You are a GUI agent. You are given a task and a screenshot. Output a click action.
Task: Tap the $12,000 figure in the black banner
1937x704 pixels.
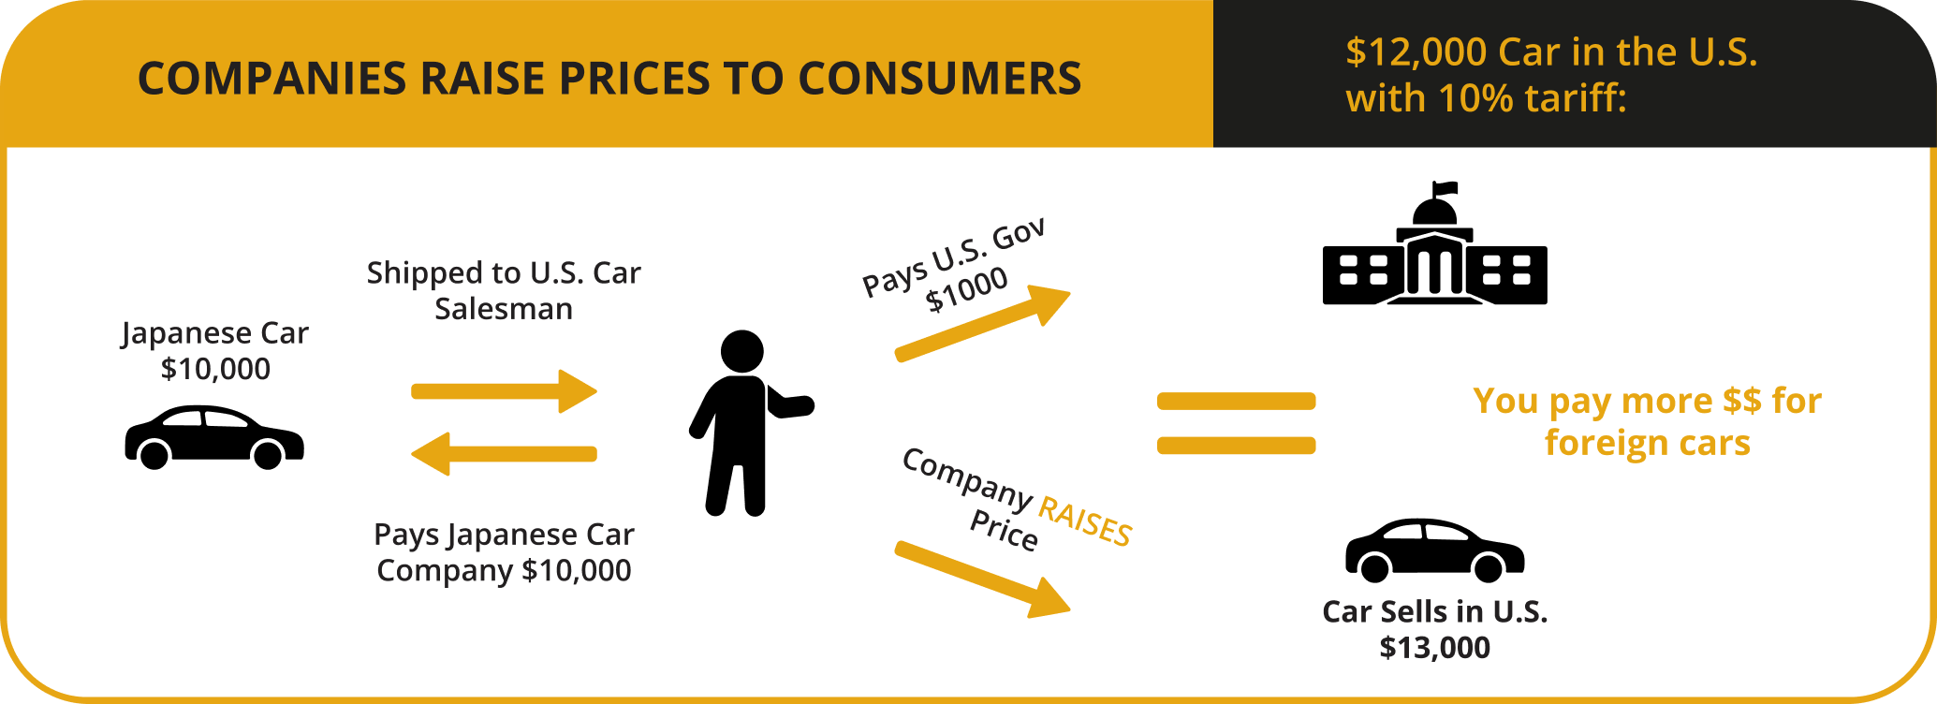point(1416,52)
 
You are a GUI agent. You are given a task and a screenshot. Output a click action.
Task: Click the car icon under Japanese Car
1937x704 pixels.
point(214,437)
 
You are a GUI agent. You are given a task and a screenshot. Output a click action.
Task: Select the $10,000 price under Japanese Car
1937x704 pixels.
point(215,369)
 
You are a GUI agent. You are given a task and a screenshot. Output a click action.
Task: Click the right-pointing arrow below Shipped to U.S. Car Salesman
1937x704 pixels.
point(505,391)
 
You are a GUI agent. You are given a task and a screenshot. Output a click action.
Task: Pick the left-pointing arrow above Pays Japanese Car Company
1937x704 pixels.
point(505,454)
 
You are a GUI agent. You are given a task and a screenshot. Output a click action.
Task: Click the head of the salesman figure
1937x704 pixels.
point(742,352)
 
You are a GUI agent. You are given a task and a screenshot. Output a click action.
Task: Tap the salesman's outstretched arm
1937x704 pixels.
point(789,403)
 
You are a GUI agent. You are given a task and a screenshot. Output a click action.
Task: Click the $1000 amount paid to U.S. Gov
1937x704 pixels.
point(967,289)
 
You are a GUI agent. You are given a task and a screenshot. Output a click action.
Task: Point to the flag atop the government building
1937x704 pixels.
point(1445,188)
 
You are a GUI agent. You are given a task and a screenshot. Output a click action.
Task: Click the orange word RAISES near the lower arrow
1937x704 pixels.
point(1086,521)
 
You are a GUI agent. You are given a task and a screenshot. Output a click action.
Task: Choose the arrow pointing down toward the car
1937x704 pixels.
point(983,579)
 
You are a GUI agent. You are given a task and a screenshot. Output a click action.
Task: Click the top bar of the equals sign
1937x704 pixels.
point(1237,402)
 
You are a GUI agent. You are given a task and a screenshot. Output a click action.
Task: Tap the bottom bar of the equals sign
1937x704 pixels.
point(1237,446)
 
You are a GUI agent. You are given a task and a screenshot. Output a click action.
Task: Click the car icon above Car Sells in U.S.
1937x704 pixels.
point(1435,550)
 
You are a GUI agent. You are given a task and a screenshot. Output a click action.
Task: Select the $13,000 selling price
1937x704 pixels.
point(1435,648)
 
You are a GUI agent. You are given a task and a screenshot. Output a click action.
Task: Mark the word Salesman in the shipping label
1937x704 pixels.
point(504,309)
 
